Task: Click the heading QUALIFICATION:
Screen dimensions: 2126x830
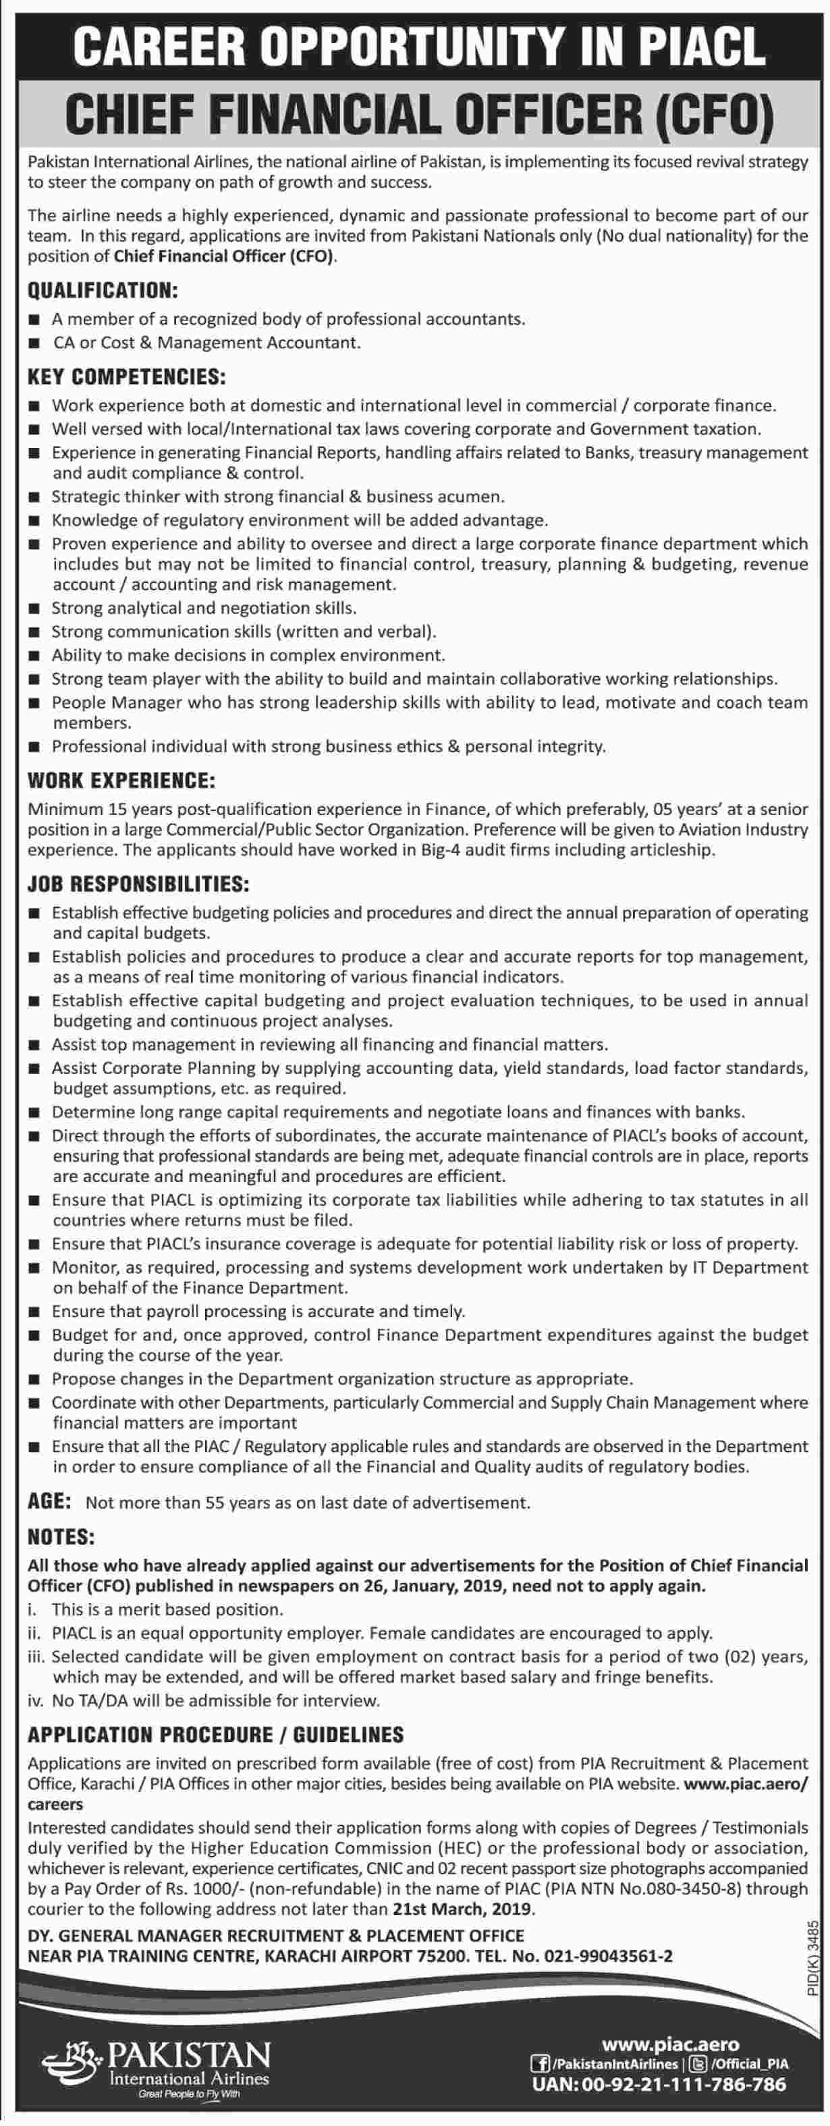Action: (x=103, y=291)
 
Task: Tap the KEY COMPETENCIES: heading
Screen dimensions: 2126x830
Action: (x=126, y=378)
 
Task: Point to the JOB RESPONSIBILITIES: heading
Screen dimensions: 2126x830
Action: (x=138, y=884)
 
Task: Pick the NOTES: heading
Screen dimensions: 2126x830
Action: (x=61, y=1537)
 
